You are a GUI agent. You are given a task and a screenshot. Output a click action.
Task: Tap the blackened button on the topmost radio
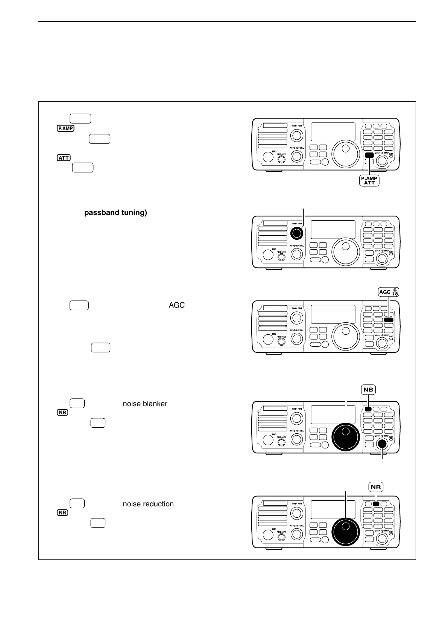(369, 155)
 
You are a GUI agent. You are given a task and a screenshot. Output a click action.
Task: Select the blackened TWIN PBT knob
(297, 233)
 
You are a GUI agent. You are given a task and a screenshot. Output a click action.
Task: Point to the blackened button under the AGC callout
(389, 320)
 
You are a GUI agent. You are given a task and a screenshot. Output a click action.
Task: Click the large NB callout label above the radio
(368, 390)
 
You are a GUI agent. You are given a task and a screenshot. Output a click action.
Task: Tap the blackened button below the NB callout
(368, 409)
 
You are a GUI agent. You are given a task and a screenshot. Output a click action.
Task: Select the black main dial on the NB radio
(346, 437)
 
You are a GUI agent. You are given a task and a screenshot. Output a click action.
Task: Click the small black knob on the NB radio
(383, 444)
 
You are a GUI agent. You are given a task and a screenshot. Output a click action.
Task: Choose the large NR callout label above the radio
(376, 487)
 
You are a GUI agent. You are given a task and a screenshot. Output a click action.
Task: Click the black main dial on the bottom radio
(346, 532)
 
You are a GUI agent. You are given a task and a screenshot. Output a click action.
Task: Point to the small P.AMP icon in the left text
(66, 128)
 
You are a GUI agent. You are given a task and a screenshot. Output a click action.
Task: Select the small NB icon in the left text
(62, 413)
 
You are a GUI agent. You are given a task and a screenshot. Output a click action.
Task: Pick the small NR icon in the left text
(62, 513)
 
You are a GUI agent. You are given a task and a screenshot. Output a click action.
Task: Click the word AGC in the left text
(176, 305)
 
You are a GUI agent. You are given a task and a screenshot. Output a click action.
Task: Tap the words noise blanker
(145, 404)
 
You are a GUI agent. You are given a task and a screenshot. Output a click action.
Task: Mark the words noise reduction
(148, 504)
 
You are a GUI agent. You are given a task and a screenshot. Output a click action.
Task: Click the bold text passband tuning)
(115, 213)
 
